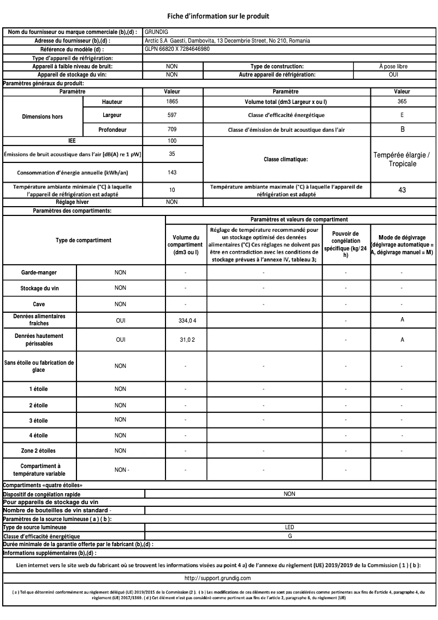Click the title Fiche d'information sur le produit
pyautogui.click(x=218, y=16)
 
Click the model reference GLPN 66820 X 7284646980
pyautogui.click(x=178, y=49)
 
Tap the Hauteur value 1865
pyautogui.click(x=172, y=102)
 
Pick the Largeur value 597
pyautogui.click(x=172, y=115)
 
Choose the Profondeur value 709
pyautogui.click(x=172, y=130)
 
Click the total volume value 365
pyautogui.click(x=402, y=102)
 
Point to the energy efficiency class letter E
pyautogui.click(x=402, y=115)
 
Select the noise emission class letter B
pyautogui.click(x=402, y=130)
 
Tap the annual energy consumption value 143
pyautogui.click(x=172, y=172)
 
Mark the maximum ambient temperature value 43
pyautogui.click(x=402, y=190)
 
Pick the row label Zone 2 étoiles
pyautogui.click(x=39, y=451)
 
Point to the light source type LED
pyautogui.click(x=289, y=528)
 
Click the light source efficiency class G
pyautogui.click(x=289, y=536)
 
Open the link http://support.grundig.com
pyautogui.click(x=217, y=578)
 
